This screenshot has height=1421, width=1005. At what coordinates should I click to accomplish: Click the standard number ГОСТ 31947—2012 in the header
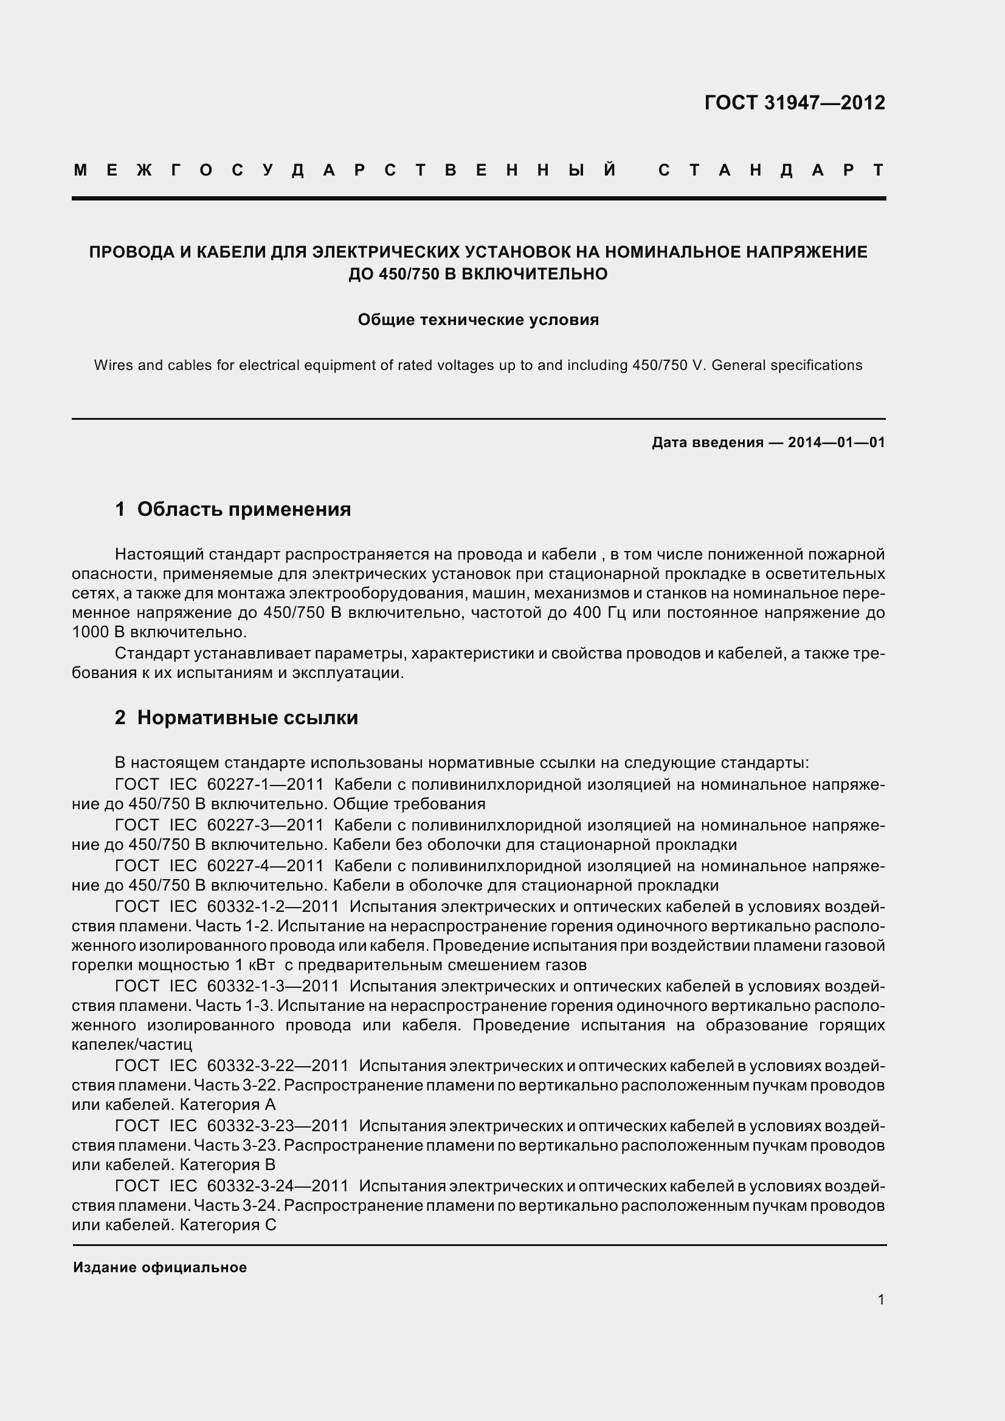[795, 103]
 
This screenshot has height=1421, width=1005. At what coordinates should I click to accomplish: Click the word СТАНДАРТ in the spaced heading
[771, 170]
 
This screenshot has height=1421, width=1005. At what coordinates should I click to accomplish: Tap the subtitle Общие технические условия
[478, 320]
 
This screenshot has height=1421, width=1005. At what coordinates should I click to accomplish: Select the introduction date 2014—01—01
[836, 442]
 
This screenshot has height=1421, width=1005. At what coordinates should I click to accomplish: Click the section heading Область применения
[243, 509]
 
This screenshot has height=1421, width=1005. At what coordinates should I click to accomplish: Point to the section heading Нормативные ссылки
[247, 718]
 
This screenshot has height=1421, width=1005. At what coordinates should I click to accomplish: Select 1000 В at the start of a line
[98, 632]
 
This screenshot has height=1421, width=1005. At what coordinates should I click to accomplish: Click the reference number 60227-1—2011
[265, 785]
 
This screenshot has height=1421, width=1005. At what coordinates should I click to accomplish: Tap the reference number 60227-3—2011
[265, 825]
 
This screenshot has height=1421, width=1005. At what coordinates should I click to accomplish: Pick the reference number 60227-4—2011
[265, 866]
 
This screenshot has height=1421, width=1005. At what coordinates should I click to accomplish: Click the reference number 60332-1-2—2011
[272, 906]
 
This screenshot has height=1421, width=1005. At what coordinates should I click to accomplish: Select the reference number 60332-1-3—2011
[272, 986]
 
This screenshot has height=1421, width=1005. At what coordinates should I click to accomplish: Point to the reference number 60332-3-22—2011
[277, 1066]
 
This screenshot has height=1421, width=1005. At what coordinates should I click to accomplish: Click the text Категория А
[227, 1104]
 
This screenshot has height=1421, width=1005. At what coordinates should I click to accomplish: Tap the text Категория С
[227, 1225]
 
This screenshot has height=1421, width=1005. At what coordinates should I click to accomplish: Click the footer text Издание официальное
[160, 1267]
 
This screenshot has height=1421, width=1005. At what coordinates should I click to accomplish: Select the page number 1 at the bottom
[880, 1299]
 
